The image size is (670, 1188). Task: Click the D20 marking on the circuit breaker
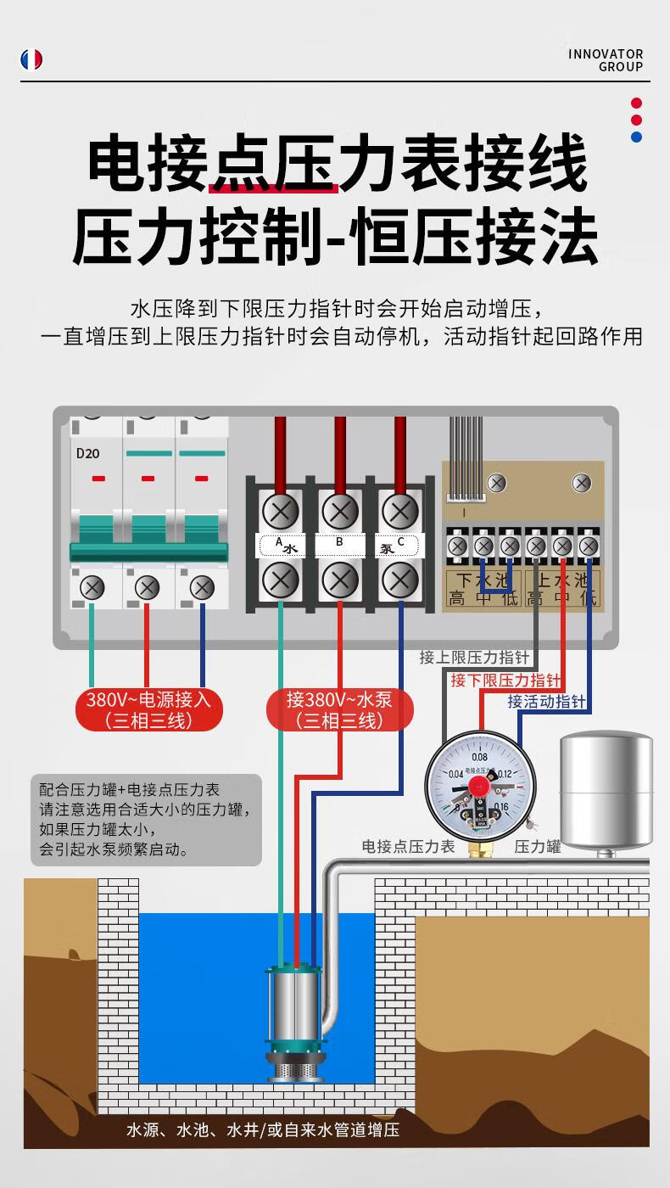(87, 453)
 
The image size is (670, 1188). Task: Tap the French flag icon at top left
(31, 59)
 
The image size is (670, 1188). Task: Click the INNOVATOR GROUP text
(606, 60)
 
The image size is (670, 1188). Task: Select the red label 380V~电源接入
(148, 710)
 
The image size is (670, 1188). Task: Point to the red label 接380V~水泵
(339, 710)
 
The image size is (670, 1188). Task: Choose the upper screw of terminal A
(280, 511)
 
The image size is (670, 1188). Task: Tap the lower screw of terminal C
(399, 580)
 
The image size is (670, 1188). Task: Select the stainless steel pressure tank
(606, 792)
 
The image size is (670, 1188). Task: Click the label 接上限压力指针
(474, 658)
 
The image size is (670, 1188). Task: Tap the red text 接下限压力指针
(505, 681)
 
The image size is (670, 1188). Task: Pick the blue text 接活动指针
(546, 702)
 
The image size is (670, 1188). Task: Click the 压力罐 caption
(538, 847)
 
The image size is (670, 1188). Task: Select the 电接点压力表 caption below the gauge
(409, 847)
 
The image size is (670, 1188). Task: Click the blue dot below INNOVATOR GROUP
(636, 137)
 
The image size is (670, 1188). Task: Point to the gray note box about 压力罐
(146, 819)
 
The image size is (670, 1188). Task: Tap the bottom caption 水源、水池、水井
(263, 1130)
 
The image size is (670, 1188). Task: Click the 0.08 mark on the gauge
(479, 757)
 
